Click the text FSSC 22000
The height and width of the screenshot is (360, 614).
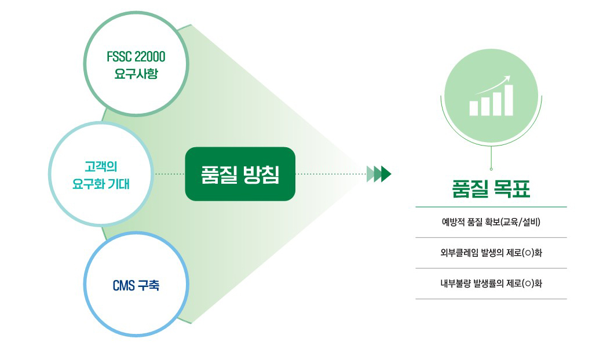pos(136,57)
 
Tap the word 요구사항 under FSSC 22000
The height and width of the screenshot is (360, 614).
pos(136,74)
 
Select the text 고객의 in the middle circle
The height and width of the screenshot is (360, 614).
pos(101,166)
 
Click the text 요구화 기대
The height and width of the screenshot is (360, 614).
pos(101,184)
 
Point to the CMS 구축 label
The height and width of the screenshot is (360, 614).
pos(136,285)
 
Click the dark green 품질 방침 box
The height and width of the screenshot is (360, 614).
pos(240,174)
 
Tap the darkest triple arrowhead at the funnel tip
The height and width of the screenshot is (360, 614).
pos(386,174)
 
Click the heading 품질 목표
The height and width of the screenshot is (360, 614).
pos(491,189)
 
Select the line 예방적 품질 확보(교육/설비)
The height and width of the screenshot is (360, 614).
pos(491,222)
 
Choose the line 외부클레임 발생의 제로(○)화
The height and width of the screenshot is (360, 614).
pos(491,253)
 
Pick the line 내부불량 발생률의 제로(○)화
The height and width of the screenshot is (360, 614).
pos(491,283)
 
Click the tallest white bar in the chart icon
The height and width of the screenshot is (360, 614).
pos(509,100)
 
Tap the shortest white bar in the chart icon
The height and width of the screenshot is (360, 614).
pos(474,108)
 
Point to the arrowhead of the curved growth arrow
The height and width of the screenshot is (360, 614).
pos(508,78)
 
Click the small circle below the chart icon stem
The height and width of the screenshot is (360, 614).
pos(491,169)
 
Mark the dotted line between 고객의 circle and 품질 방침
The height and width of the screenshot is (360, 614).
pos(169,174)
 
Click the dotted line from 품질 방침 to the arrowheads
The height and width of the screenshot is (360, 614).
pos(331,174)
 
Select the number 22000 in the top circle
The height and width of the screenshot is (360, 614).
pos(150,57)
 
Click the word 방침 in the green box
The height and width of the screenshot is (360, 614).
pos(261,174)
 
